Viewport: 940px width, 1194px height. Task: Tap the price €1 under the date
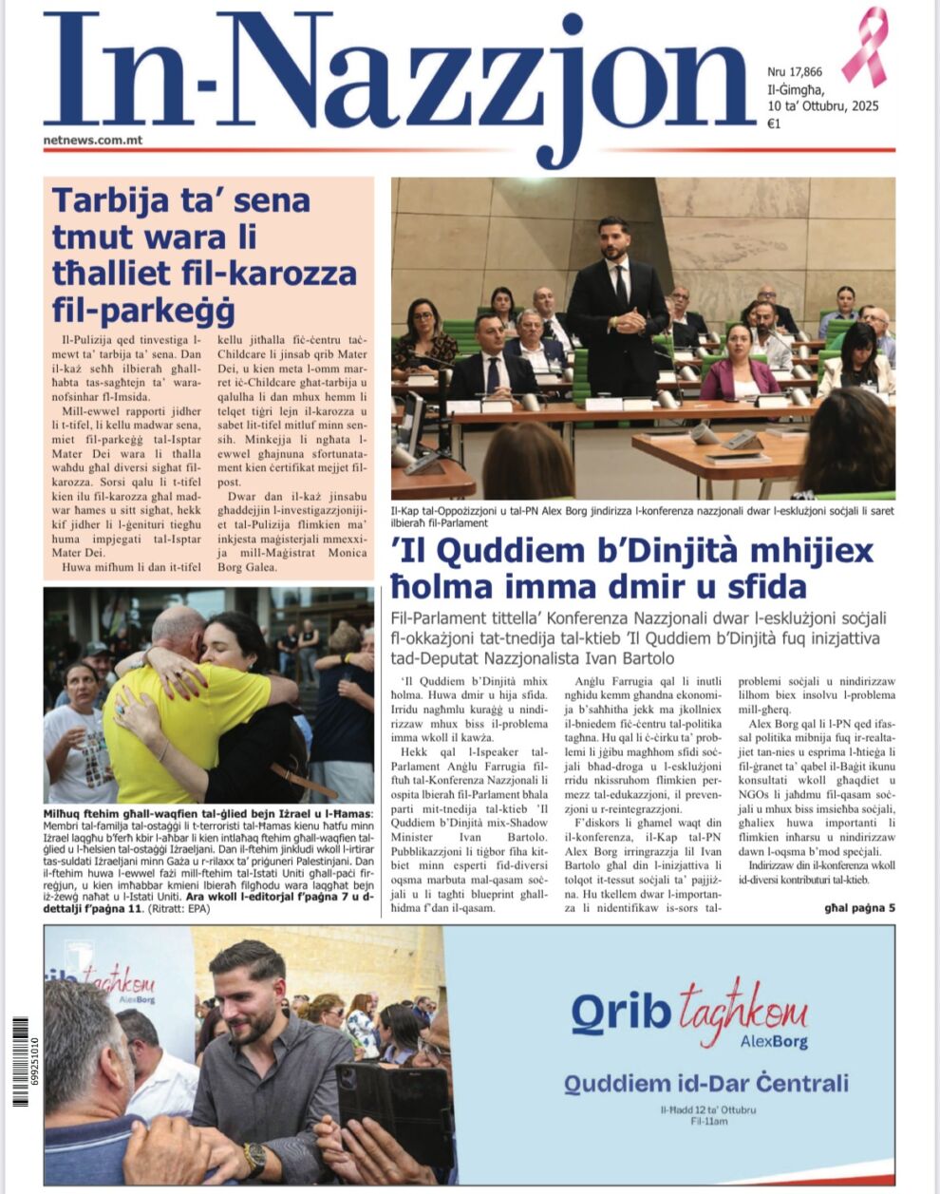click(x=774, y=123)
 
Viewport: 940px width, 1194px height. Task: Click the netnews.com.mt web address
click(x=93, y=140)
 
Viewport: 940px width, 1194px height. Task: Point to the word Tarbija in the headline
click(x=107, y=200)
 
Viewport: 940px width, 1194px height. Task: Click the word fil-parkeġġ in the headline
click(x=143, y=309)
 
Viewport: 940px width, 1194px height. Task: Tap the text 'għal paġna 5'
click(x=859, y=907)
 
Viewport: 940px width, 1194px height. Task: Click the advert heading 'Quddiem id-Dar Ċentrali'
click(x=705, y=1083)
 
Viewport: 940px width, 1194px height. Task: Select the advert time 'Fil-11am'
click(x=708, y=1121)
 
